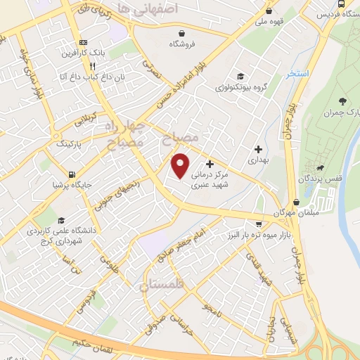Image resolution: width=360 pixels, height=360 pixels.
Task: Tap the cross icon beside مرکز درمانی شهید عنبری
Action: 210,164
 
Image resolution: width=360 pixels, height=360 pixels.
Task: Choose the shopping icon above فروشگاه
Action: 183,33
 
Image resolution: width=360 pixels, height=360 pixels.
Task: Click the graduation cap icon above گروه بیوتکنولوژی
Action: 240,77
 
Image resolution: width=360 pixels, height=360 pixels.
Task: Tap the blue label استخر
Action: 281,73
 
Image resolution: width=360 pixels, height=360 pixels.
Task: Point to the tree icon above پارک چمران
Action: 342,103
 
